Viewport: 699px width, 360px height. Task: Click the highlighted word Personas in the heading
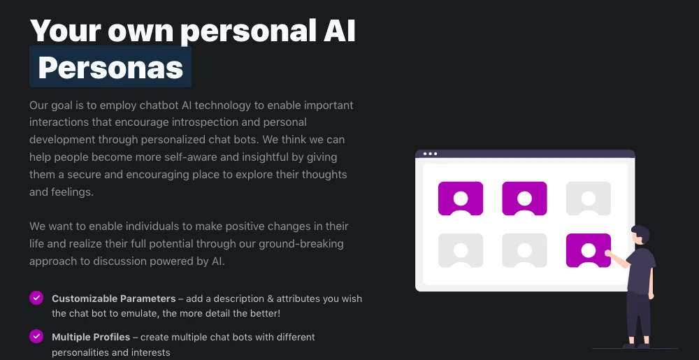[x=110, y=67]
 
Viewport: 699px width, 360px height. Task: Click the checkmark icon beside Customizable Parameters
[x=36, y=298]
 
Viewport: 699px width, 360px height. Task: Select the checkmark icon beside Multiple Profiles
[x=36, y=336]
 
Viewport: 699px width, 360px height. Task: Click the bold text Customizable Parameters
[x=114, y=298]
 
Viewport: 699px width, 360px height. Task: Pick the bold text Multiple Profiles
[x=91, y=337]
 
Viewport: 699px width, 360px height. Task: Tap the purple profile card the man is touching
[x=589, y=250]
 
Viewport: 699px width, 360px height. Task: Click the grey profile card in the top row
[x=589, y=199]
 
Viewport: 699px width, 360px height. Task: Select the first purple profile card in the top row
[x=461, y=199]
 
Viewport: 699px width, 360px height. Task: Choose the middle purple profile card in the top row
[x=525, y=199]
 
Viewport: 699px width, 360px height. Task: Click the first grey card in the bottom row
[x=461, y=250]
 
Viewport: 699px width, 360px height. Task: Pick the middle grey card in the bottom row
[x=525, y=250]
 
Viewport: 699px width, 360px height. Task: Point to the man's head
[x=640, y=235]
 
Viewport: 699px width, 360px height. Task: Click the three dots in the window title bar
[x=430, y=154]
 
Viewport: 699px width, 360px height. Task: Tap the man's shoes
[x=637, y=345]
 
